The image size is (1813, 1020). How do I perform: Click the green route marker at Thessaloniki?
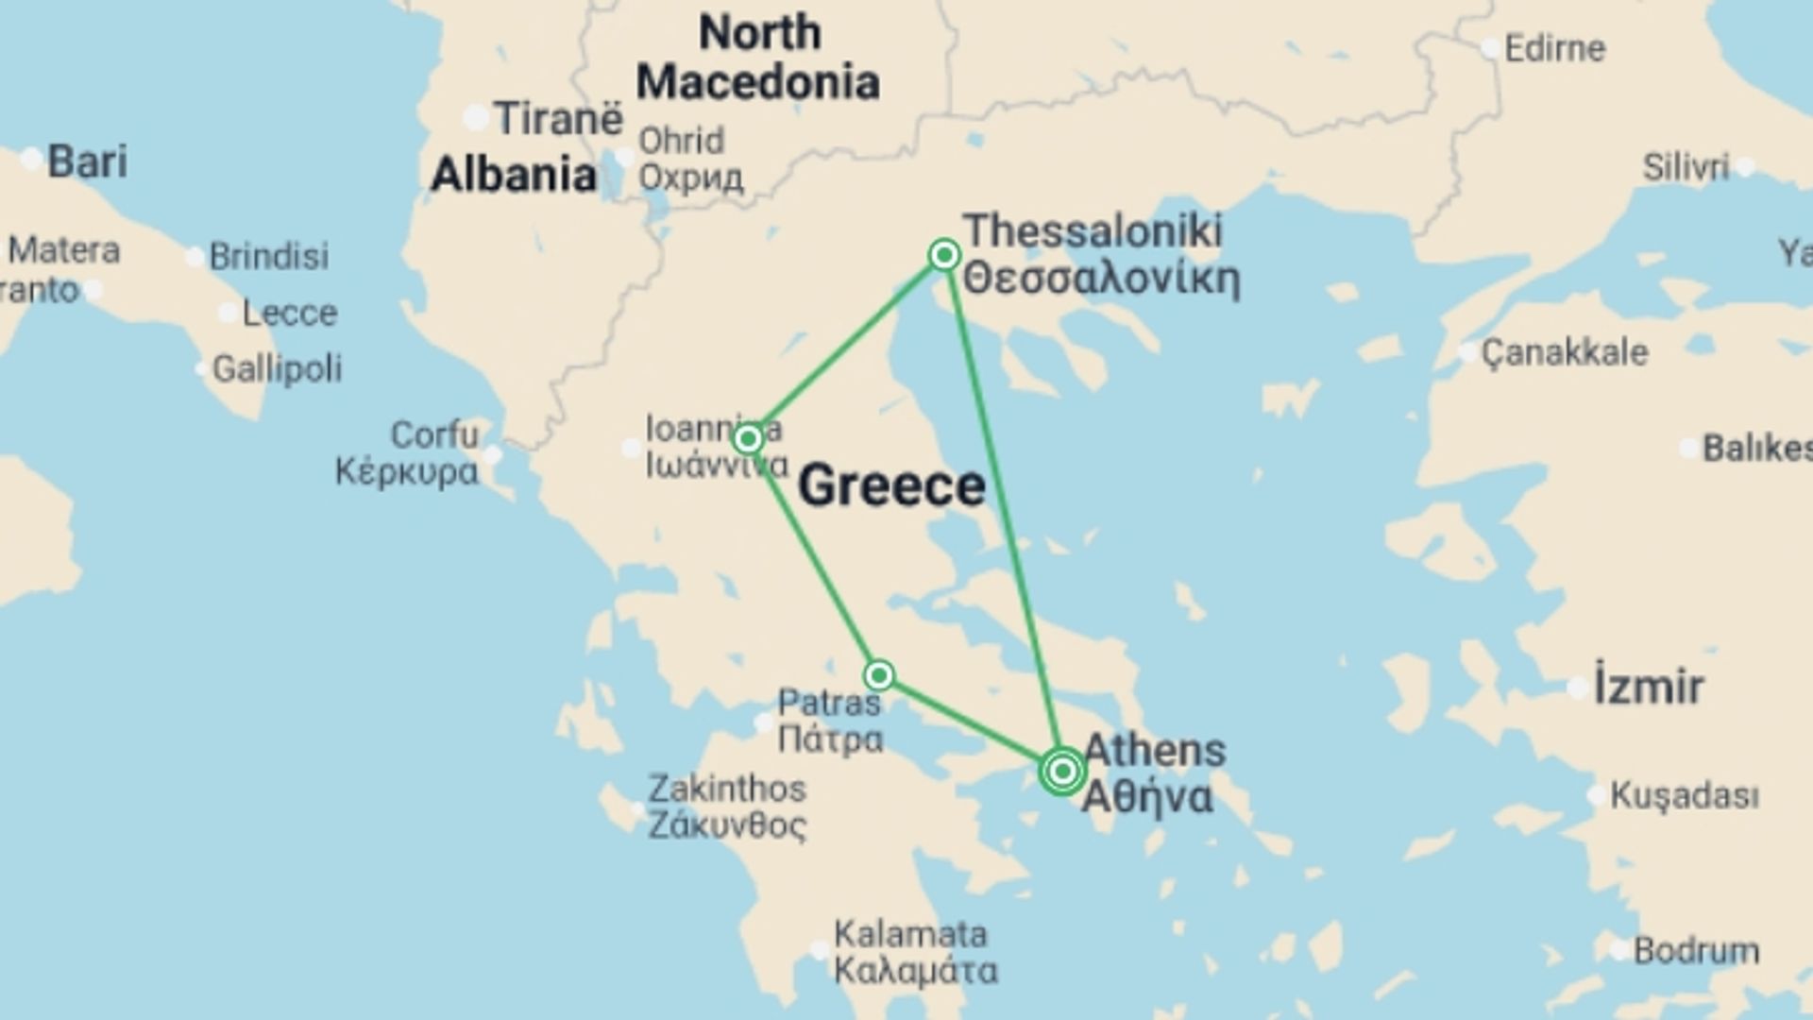pos(944,255)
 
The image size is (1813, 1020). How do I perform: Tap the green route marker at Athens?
pos(1062,772)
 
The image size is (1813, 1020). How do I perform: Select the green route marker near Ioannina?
pos(748,439)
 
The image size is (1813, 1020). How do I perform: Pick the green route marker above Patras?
pos(879,675)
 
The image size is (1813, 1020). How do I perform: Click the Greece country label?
pos(891,486)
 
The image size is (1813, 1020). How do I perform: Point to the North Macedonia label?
pos(758,58)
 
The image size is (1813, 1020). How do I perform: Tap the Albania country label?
pos(514,176)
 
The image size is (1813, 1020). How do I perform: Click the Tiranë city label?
pos(558,119)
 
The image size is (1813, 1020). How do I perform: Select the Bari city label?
pos(87,161)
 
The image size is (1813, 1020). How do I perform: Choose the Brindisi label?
pos(269,256)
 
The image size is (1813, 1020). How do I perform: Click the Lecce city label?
pos(289,313)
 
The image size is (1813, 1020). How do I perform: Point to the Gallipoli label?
pos(277,368)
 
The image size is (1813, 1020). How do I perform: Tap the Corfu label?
pos(433,435)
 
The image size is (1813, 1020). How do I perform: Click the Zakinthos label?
pos(727,789)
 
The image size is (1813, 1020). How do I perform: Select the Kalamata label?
pos(910,935)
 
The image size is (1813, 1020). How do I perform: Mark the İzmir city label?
pos(1649,687)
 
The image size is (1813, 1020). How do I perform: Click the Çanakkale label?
pos(1565,353)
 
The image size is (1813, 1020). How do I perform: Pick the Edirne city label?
pos(1554,48)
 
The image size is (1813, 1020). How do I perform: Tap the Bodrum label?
pos(1696,950)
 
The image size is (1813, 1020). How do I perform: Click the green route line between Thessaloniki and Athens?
pos(1003,510)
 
